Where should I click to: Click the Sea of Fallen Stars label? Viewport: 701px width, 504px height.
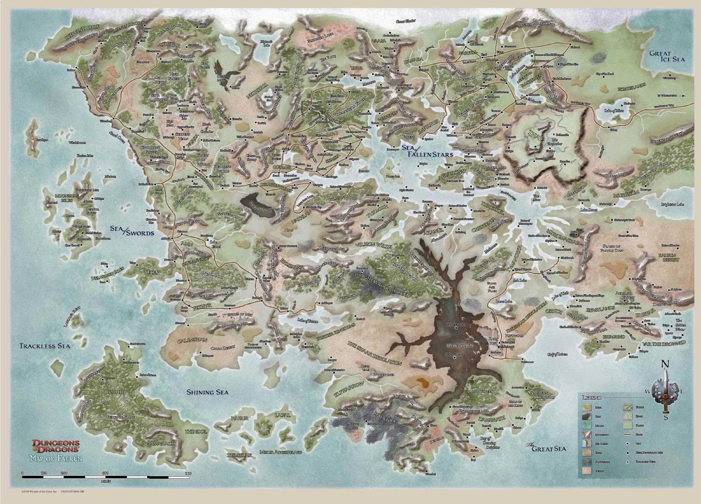click(427, 150)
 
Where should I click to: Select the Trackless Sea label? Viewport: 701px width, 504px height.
click(45, 346)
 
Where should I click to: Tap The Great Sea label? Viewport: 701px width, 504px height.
click(545, 447)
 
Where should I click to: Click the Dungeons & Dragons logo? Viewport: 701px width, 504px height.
click(53, 448)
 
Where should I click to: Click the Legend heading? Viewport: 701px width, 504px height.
click(591, 397)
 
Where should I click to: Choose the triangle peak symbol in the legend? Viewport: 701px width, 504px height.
click(626, 462)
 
